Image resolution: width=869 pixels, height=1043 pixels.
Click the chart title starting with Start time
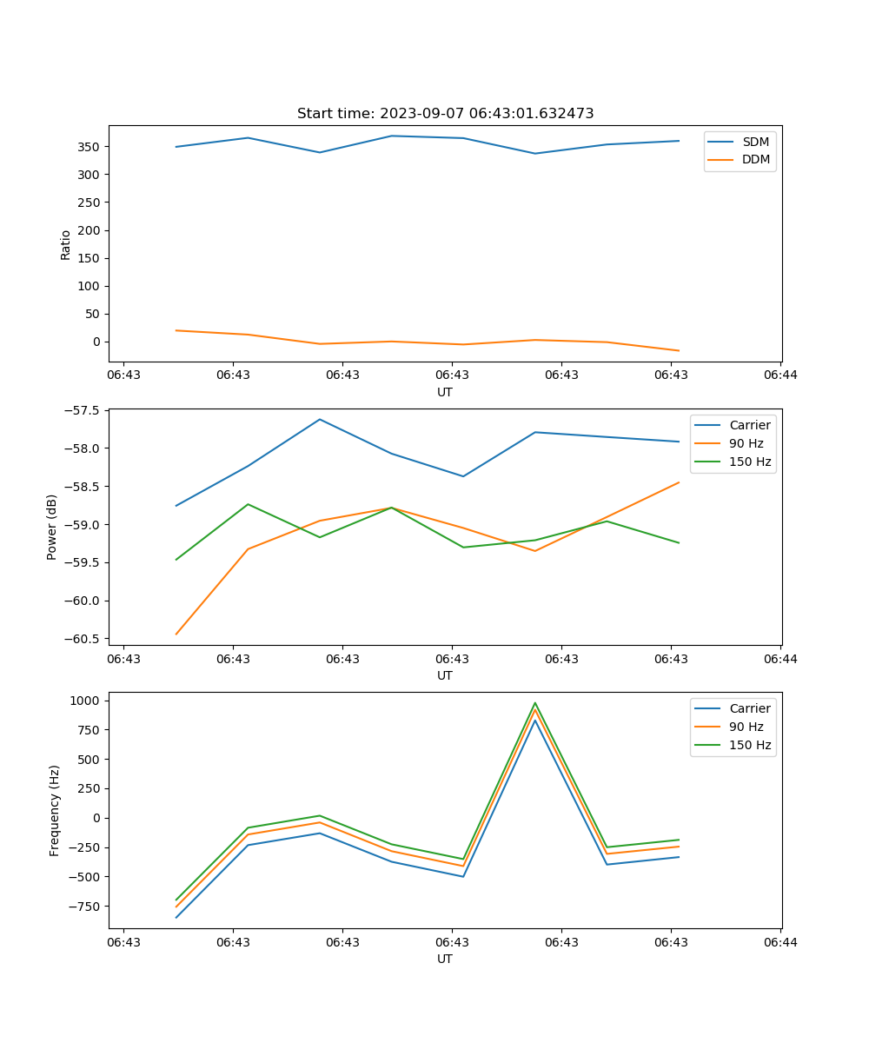(x=445, y=114)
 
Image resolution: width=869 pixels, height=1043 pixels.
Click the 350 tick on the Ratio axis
(x=90, y=147)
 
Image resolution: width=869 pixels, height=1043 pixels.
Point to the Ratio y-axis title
(x=66, y=244)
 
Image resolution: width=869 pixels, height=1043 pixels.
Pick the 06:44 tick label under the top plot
(x=780, y=375)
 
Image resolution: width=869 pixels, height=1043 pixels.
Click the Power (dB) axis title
(x=53, y=527)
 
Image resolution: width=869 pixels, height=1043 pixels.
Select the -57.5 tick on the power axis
(x=85, y=410)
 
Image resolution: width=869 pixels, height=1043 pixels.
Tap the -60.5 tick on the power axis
(x=85, y=639)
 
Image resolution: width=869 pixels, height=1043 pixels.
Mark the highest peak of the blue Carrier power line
(x=320, y=419)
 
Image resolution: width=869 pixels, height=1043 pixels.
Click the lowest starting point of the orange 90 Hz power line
(x=176, y=634)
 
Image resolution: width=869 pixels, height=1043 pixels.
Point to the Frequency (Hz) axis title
(x=55, y=810)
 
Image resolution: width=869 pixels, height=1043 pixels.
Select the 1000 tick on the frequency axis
(x=88, y=701)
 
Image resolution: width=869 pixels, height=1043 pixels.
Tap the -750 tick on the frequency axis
(x=88, y=907)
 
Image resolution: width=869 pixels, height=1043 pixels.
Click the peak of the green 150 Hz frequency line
(x=535, y=703)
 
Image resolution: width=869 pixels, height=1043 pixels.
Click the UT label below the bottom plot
(x=445, y=959)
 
